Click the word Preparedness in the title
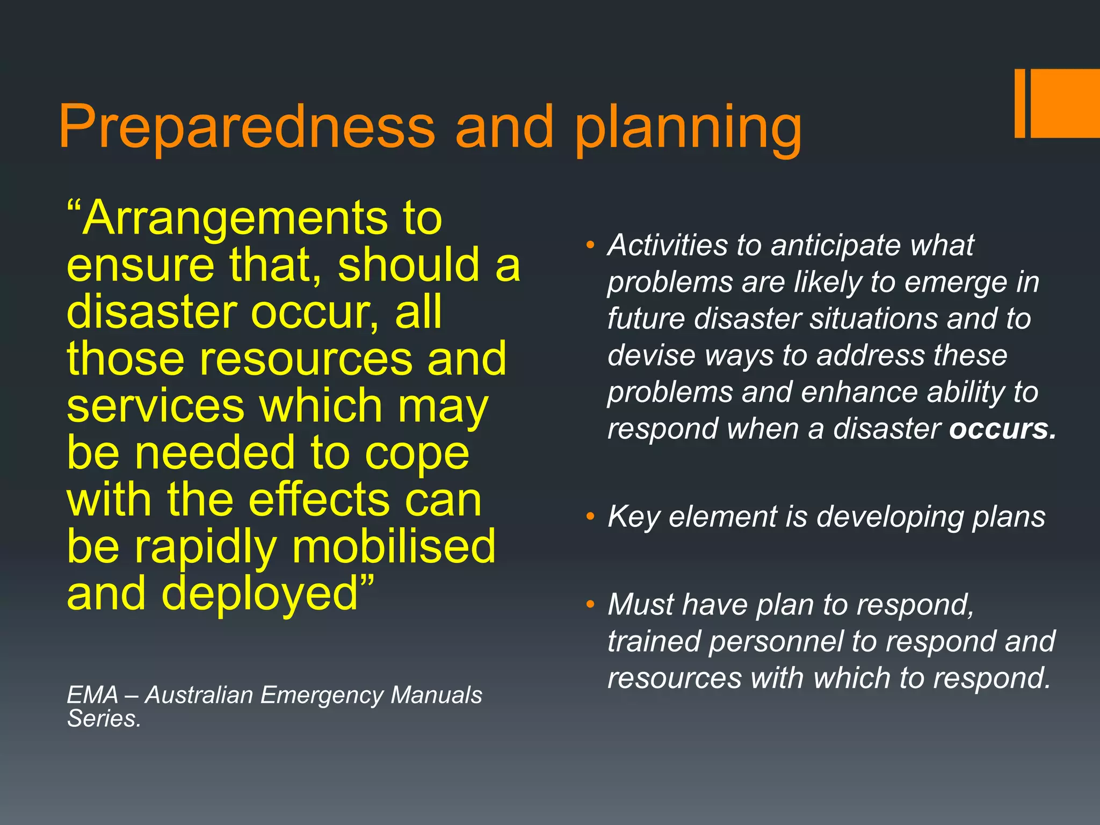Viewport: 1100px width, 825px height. point(246,127)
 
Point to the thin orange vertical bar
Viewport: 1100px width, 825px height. point(1020,103)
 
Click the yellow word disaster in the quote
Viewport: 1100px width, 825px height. point(152,313)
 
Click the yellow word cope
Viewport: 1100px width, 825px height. point(417,454)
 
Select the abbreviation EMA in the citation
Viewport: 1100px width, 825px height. point(92,695)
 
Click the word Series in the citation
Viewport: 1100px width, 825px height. point(103,719)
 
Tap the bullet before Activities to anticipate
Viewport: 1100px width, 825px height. point(590,246)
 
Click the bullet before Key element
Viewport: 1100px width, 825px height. point(590,517)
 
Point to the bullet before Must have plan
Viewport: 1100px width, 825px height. point(590,605)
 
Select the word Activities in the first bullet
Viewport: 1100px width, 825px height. point(668,245)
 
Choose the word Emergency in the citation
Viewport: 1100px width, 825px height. point(321,695)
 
